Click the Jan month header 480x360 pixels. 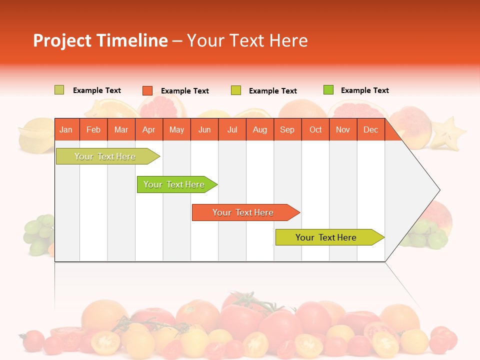(x=66, y=130)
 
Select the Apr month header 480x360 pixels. (x=148, y=130)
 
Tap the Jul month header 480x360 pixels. (x=232, y=130)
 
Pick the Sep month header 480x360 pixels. (x=287, y=130)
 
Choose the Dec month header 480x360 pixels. (x=370, y=130)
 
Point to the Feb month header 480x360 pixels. (x=93, y=130)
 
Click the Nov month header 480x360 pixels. (x=342, y=130)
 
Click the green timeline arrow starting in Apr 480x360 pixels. (x=175, y=184)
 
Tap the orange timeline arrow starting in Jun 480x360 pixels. (x=244, y=212)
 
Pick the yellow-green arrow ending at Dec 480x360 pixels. (x=327, y=237)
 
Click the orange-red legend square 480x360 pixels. (x=147, y=90)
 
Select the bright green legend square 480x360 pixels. (x=328, y=90)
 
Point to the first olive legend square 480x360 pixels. (x=59, y=90)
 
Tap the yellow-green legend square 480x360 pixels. (x=236, y=90)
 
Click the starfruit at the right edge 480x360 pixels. (x=447, y=132)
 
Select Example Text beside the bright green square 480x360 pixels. (x=364, y=90)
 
